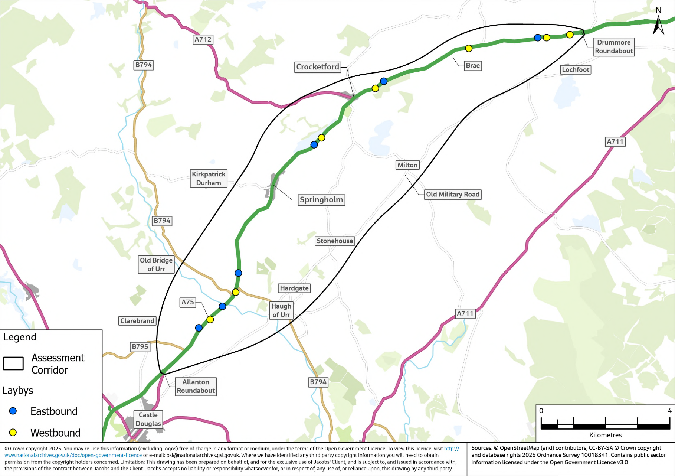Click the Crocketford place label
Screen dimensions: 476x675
318,67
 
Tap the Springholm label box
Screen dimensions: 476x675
321,200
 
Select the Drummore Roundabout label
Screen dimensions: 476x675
613,47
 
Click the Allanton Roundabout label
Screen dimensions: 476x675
196,386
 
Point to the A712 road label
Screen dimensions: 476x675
203,39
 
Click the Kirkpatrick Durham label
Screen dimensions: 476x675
209,179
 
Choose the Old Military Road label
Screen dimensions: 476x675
452,194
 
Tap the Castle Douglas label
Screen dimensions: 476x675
148,419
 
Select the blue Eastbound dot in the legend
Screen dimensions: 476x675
13,411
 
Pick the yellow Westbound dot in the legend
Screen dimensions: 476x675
13,433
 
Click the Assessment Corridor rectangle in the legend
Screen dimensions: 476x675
13,363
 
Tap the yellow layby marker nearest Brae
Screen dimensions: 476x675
469,48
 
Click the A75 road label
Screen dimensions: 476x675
188,302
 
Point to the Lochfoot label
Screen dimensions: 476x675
575,70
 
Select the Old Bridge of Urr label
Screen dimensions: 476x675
156,264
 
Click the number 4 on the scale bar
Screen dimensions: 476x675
669,411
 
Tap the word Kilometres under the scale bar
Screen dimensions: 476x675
605,435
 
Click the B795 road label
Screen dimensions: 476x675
140,346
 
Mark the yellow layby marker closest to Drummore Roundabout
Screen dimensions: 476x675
570,35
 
